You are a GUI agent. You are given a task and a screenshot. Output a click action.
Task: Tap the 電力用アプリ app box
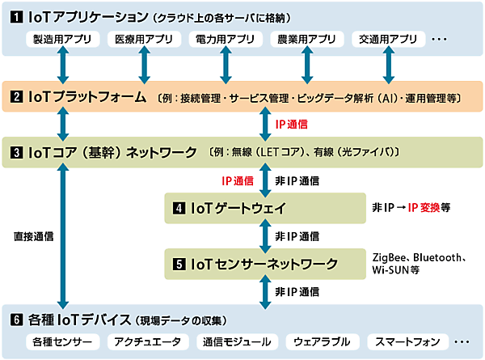point(225,38)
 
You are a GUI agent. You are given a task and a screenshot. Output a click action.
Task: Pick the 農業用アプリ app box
point(306,38)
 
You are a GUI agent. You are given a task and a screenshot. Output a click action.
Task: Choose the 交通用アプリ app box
point(386,38)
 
